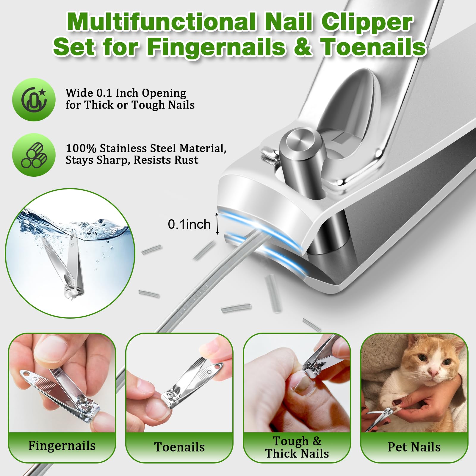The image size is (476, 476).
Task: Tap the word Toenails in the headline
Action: click(373, 47)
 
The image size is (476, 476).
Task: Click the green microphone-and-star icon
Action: click(34, 100)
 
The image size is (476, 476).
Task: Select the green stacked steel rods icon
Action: click(34, 155)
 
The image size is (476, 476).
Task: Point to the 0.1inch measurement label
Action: click(189, 224)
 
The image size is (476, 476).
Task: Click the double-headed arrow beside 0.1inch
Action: click(217, 224)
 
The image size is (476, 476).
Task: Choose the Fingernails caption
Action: click(62, 446)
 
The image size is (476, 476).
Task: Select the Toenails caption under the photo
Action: click(179, 447)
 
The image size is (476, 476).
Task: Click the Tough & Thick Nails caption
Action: click(297, 447)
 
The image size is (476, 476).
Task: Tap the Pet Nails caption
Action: click(414, 447)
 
